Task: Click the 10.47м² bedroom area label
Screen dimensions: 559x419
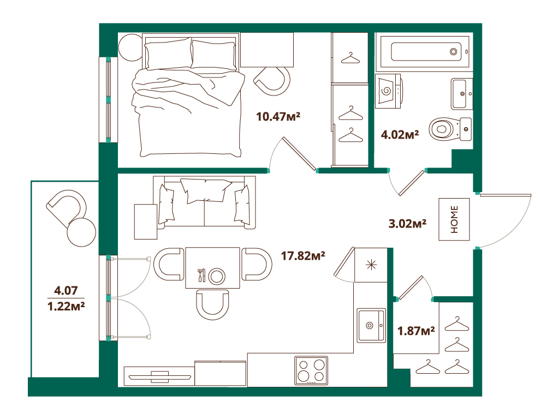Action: [x=278, y=117]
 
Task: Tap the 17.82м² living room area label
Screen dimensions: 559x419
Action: [x=303, y=255]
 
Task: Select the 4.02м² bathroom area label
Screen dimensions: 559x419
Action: [x=400, y=134]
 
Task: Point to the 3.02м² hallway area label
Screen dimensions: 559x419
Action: [x=407, y=223]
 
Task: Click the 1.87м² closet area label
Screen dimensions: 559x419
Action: [x=416, y=331]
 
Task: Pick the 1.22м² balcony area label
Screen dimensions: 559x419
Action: [x=66, y=306]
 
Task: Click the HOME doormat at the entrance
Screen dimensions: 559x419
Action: [x=454, y=219]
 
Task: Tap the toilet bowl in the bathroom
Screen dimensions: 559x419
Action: [x=450, y=129]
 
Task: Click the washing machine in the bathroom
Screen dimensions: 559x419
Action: [x=389, y=91]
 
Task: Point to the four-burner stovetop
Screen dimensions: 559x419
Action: [x=311, y=370]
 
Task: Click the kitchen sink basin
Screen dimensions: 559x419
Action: [x=371, y=325]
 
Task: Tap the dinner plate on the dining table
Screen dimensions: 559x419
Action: [x=217, y=276]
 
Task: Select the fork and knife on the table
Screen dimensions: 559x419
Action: [x=201, y=275]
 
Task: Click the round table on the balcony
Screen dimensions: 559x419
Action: [x=81, y=232]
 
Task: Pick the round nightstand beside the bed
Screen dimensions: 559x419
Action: [x=130, y=47]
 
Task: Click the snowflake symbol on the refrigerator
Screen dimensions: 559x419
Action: [x=371, y=265]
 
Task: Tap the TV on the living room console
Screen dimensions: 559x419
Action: [x=159, y=376]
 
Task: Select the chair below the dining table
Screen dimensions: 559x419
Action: [x=212, y=304]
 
